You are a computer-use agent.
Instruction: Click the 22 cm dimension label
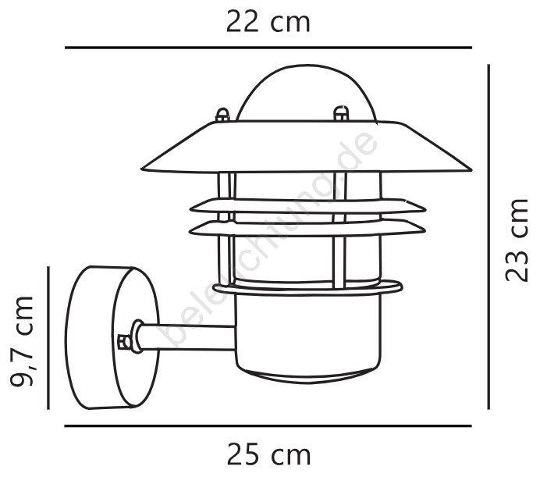pos(268,22)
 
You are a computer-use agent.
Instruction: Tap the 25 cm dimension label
pos(268,455)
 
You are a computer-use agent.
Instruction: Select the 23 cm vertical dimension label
pos(517,240)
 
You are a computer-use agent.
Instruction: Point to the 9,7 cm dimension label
pos(22,340)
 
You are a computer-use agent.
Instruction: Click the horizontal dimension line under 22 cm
pos(268,48)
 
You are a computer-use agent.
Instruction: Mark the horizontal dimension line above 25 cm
pos(268,426)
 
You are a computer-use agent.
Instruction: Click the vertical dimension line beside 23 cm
pos(488,237)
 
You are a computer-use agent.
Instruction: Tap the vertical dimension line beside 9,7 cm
pos(48,338)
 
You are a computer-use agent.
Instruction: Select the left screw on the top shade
pos(222,115)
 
